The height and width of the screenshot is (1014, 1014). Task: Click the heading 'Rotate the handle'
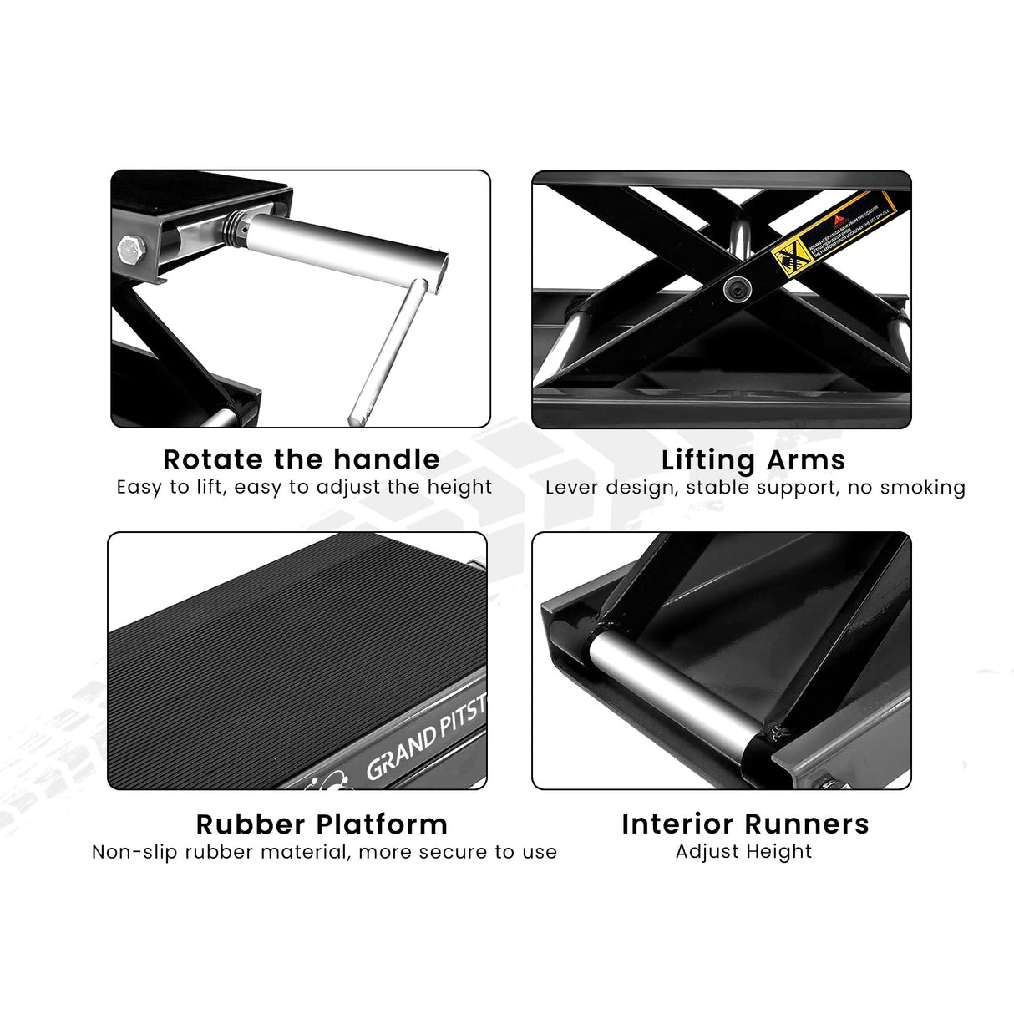[x=301, y=459]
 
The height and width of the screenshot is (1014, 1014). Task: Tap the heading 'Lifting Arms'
[x=753, y=460]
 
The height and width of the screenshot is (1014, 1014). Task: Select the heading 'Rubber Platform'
[x=322, y=824]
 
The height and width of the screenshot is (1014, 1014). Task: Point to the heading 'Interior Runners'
[x=745, y=824]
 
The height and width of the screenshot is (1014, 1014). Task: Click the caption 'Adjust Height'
[x=743, y=852]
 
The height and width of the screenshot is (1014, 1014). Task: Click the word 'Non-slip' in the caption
[x=134, y=852]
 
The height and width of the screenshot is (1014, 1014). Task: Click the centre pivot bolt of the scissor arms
[x=738, y=289]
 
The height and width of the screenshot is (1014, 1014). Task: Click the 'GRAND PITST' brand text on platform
[x=425, y=738]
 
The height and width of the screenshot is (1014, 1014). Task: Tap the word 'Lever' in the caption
[x=573, y=488]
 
